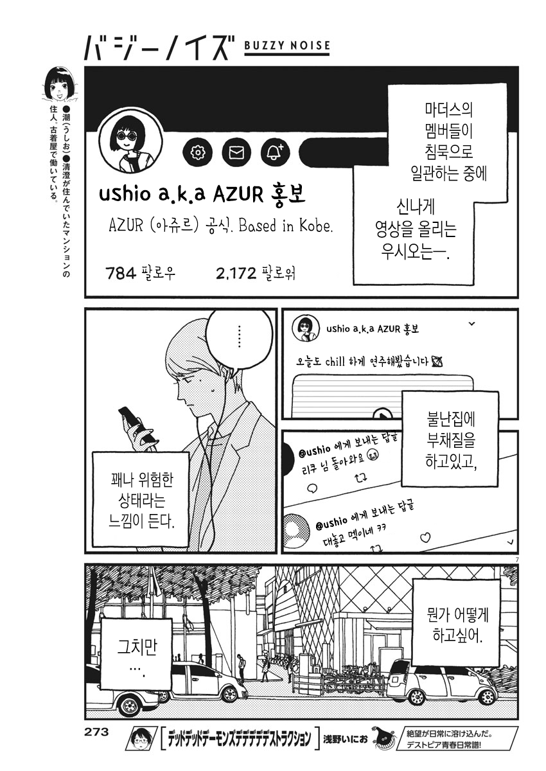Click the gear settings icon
pyautogui.click(x=197, y=152)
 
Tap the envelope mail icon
pyautogui.click(x=236, y=152)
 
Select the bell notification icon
pyautogui.click(x=276, y=152)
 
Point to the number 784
pyautogui.click(x=121, y=274)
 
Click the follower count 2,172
pyautogui.click(x=236, y=274)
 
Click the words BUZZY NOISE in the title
pyautogui.click(x=287, y=45)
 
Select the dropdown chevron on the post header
pyautogui.click(x=472, y=324)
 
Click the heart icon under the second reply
pyautogui.click(x=426, y=537)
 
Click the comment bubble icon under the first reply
pyautogui.click(x=312, y=488)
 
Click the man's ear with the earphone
pyautogui.click(x=225, y=372)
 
